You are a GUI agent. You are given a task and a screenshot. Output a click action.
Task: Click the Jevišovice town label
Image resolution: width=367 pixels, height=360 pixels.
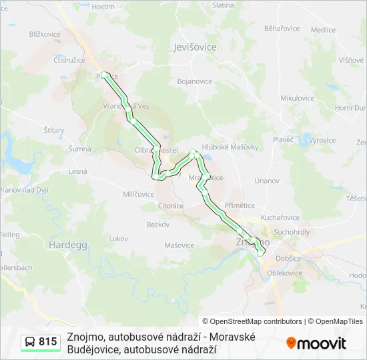pos(195,47)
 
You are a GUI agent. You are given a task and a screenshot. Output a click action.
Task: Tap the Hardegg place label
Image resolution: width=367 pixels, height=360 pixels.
pos(65,245)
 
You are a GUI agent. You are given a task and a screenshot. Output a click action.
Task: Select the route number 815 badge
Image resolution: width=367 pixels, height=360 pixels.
pos(40,342)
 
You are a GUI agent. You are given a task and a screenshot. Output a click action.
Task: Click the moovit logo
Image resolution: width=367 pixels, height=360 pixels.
pos(316,343)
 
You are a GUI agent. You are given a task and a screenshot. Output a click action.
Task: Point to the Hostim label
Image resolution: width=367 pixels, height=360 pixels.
pos(103,7)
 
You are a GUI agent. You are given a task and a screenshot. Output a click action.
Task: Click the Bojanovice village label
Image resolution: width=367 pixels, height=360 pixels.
pos(194,81)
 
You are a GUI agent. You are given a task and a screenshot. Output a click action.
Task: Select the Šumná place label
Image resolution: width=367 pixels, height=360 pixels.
pos(79,149)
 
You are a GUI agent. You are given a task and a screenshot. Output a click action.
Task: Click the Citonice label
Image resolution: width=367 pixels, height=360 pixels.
pos(170,206)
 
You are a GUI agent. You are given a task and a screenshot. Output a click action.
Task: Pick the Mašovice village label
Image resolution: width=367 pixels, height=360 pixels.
pos(179,245)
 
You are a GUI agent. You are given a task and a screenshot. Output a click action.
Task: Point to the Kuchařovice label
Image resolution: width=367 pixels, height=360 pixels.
pos(280,217)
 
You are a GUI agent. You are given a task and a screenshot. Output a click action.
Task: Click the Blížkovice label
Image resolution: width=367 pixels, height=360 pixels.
pos(45,34)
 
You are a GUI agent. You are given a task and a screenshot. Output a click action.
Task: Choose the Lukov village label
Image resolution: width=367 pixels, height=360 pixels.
pos(118,238)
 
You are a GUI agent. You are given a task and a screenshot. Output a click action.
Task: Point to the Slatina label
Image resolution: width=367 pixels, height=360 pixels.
pos(223,5)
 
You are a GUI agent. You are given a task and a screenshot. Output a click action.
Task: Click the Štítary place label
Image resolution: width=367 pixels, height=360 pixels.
pos(53,131)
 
